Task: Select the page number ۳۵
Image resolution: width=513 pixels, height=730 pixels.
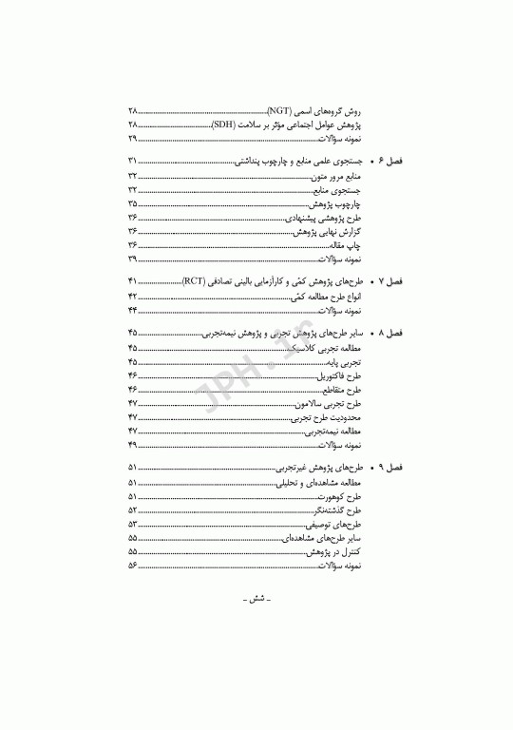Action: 132,203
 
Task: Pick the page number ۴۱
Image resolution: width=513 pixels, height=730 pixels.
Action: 132,282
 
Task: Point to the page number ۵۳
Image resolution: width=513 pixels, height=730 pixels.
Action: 132,523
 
